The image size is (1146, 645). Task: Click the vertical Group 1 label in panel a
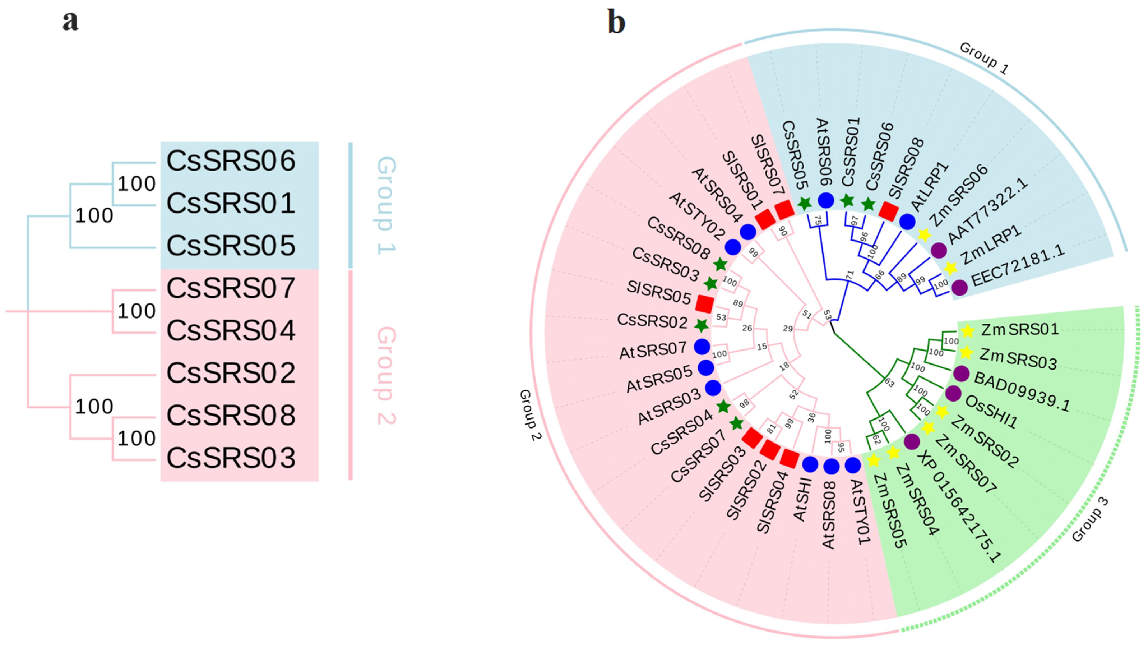[386, 205]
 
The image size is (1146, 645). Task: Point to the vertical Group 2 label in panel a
[386, 375]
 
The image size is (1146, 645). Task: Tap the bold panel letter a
[70, 21]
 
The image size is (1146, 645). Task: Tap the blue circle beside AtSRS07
[702, 347]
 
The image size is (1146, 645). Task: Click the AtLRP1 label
[930, 186]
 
